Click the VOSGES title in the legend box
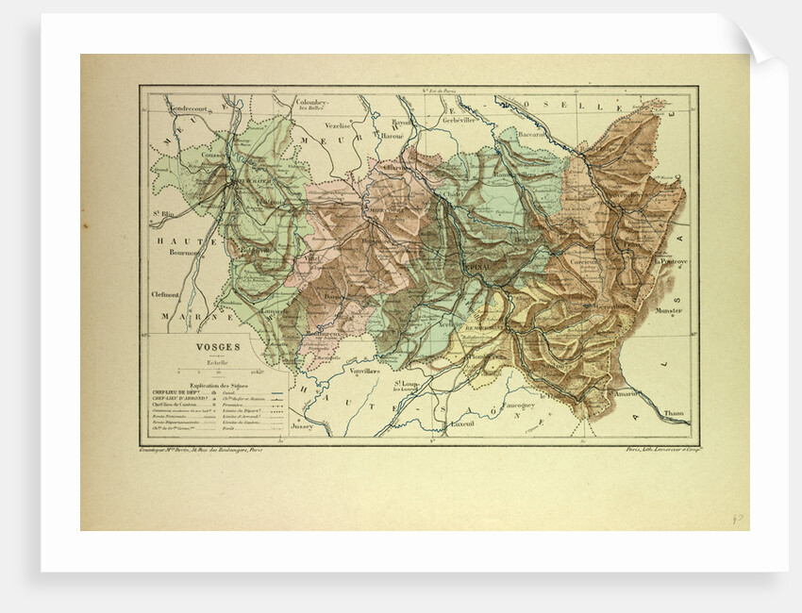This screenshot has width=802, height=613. click(x=217, y=346)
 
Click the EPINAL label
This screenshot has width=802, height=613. click(x=478, y=267)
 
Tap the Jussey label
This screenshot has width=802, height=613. click(x=302, y=426)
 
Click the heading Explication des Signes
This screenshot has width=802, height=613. click(x=218, y=385)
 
